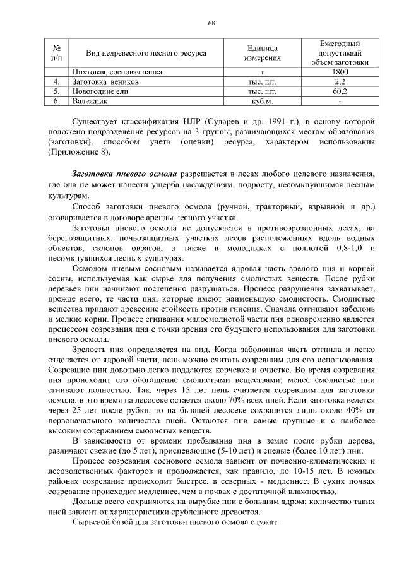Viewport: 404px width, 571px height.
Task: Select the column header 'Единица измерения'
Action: [261, 54]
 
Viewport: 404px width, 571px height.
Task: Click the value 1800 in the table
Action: [340, 73]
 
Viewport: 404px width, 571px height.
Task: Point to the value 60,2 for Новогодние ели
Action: [340, 91]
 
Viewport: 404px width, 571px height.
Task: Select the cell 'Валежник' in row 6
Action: [90, 100]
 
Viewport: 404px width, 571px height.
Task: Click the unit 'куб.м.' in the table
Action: [261, 100]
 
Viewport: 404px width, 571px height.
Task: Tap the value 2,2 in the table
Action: [340, 81]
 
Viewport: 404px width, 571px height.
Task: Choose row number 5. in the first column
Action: [57, 91]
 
